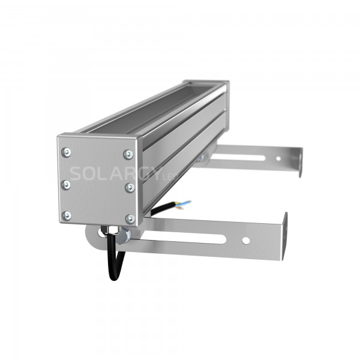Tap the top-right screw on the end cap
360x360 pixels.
tap(127, 154)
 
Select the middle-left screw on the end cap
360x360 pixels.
tap(67, 184)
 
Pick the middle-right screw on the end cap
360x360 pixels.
tap(129, 187)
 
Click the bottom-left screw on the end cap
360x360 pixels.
tap(67, 215)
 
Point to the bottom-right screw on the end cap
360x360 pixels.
tap(130, 218)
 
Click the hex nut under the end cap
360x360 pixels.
tap(111, 231)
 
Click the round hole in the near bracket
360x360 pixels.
tap(245, 241)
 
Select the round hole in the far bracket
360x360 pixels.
tap(277, 159)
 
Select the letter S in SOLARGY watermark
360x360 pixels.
tap(76, 173)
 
